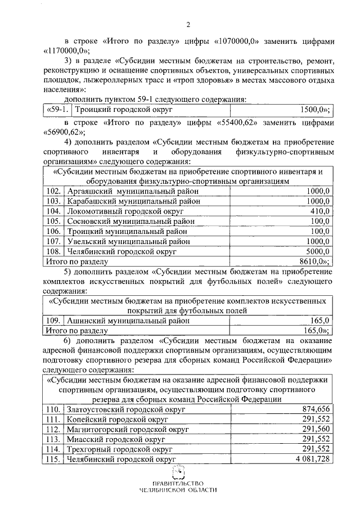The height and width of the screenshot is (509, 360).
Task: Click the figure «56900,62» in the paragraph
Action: (x=62, y=132)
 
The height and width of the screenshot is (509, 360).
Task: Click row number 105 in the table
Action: (x=54, y=221)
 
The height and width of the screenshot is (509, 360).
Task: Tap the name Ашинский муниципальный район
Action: (x=129, y=321)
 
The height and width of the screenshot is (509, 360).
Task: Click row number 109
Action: (x=54, y=321)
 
